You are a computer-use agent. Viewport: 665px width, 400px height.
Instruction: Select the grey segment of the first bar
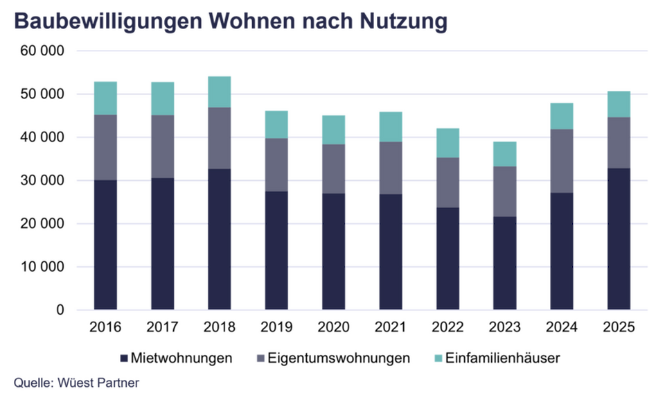(x=106, y=147)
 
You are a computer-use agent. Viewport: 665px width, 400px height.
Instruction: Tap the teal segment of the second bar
(x=163, y=98)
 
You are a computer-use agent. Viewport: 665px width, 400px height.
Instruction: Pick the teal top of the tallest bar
(x=219, y=91)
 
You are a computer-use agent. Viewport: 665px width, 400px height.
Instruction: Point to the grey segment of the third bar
(x=219, y=138)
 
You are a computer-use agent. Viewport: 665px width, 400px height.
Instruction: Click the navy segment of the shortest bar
(x=504, y=261)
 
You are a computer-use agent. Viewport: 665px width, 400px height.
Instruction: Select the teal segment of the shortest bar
(x=504, y=154)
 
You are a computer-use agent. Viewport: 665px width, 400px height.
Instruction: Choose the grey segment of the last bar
(x=619, y=143)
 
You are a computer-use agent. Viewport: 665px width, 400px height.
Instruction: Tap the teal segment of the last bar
(x=619, y=104)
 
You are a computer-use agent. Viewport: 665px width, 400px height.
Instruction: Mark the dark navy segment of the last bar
(x=619, y=237)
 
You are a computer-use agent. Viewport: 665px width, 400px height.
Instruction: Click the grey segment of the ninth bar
(x=560, y=161)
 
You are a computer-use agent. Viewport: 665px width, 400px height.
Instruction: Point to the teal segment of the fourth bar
(x=276, y=123)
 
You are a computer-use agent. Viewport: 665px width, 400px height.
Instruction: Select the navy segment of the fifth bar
(x=333, y=250)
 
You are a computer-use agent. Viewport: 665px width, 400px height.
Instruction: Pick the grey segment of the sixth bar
(x=391, y=168)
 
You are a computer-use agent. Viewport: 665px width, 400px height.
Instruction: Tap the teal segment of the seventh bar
(x=447, y=142)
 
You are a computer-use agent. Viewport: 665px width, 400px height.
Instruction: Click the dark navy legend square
(x=124, y=358)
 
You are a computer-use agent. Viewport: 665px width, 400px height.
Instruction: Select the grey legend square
(x=261, y=358)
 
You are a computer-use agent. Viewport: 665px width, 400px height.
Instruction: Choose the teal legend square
(x=438, y=358)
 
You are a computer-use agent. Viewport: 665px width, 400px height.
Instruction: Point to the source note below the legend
(x=76, y=383)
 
